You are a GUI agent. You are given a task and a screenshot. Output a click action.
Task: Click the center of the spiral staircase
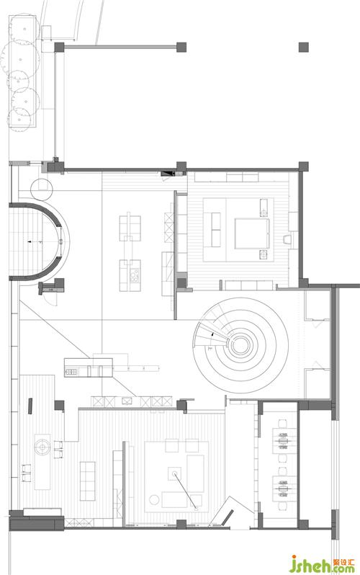tap(240, 344)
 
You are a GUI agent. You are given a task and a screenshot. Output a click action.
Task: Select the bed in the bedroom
tap(252, 233)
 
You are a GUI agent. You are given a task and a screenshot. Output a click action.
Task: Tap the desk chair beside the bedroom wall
tap(288, 239)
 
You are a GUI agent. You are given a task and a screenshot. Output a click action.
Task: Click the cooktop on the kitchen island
tap(135, 276)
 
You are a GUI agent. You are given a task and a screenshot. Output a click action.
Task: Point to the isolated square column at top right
tap(304, 47)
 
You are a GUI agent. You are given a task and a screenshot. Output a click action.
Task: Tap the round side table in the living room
tap(154, 499)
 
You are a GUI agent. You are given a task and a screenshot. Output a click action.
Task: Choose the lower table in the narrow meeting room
tap(284, 488)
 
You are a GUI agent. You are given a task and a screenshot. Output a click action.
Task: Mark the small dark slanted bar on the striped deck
tap(30, 406)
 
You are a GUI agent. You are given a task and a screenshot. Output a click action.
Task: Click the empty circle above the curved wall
tap(42, 190)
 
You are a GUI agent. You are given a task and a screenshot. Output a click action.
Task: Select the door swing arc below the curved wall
tap(54, 300)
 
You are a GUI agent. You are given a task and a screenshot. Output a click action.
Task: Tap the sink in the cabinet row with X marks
tap(127, 401)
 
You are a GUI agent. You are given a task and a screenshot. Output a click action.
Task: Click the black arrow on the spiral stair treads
tap(212, 334)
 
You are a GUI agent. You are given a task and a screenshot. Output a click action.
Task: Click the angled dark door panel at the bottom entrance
tap(227, 517)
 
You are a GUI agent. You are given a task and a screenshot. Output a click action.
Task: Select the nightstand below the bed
tap(264, 254)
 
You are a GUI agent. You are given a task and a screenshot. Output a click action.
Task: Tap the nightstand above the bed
tap(264, 208)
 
